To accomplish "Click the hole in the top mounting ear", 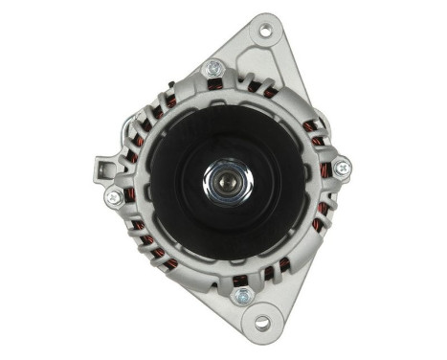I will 264,32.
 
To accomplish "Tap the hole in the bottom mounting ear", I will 260,323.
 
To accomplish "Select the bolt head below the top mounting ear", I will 214,68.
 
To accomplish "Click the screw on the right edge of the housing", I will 342,169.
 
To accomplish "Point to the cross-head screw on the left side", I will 114,196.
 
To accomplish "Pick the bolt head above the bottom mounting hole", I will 242,296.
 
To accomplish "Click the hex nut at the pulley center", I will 227,179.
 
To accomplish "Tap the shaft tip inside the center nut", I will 227,179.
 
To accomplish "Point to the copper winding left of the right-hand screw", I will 324,170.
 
